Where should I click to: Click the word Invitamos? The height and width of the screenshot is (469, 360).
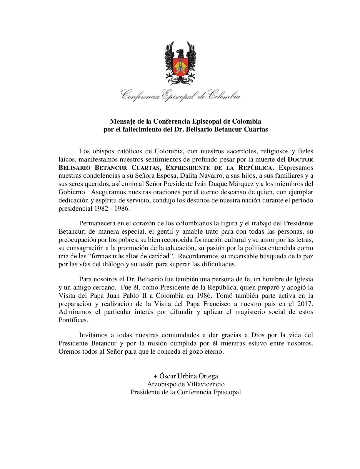[x=93, y=335]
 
